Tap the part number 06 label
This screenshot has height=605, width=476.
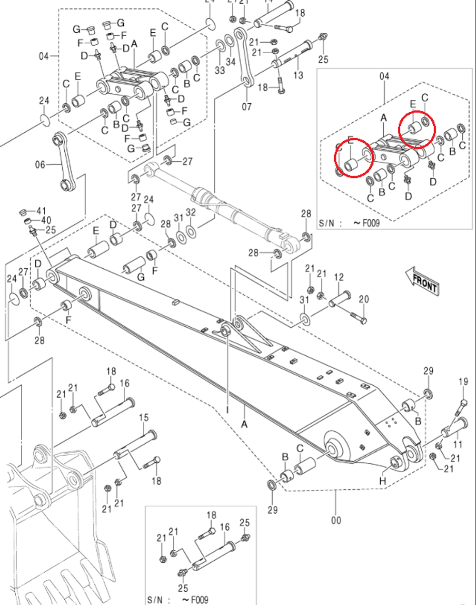(40, 165)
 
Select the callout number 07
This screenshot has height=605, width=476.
(246, 106)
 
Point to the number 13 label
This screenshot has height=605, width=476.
(298, 75)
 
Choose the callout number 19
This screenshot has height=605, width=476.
(463, 381)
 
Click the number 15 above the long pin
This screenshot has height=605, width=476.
(144, 418)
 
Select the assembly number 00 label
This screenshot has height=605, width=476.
(336, 520)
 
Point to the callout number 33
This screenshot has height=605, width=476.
(219, 70)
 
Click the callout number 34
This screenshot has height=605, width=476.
(230, 62)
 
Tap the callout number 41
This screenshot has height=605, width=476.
(42, 211)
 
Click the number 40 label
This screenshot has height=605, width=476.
(45, 220)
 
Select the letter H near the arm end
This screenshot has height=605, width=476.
(382, 481)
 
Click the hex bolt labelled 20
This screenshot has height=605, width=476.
(358, 317)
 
